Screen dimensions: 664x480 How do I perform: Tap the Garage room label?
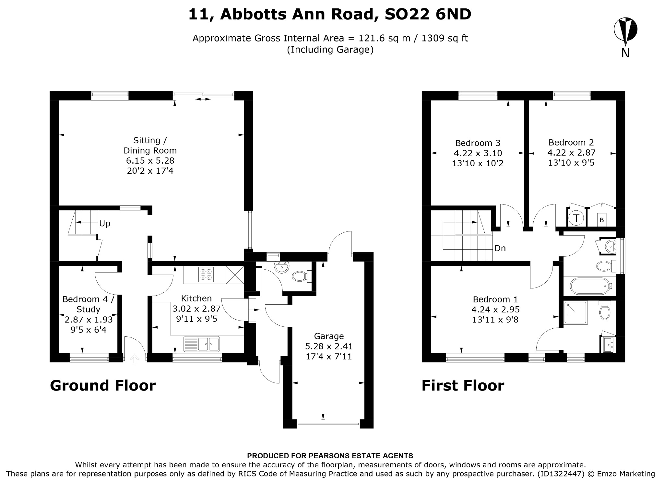[329, 336]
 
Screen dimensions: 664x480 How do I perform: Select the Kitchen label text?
[196, 298]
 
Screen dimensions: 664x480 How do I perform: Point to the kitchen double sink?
[202, 344]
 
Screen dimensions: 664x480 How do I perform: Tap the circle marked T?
[576, 218]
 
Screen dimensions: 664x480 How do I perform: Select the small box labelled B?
[602, 220]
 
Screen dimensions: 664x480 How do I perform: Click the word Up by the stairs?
[105, 224]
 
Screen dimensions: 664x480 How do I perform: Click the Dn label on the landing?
[500, 248]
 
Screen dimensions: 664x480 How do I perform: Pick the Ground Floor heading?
[103, 386]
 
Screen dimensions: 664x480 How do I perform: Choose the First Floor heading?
[463, 386]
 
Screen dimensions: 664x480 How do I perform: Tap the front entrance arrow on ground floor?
[135, 358]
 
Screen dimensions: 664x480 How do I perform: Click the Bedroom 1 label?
[495, 299]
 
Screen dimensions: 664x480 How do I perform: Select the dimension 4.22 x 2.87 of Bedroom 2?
[571, 153]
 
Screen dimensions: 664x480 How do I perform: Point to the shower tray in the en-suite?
[575, 313]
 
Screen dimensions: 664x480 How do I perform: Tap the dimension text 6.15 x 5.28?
[150, 161]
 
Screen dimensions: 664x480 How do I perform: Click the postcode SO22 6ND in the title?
[428, 14]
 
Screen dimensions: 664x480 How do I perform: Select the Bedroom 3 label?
[478, 143]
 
